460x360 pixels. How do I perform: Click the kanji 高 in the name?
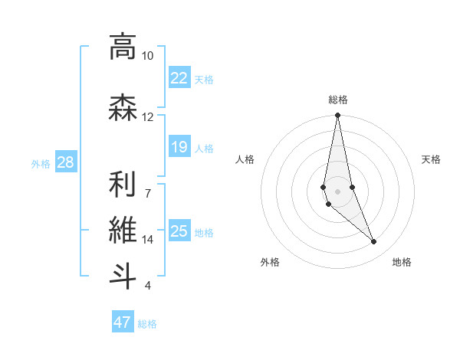point(122,47)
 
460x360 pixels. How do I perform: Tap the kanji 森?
point(122,108)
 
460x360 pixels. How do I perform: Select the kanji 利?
point(122,183)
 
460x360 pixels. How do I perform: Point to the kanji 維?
point(122,229)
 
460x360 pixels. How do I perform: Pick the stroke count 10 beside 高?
point(147,56)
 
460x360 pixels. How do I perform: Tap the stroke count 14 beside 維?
point(147,240)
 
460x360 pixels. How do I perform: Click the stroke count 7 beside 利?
point(147,192)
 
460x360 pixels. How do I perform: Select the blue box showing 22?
point(179,77)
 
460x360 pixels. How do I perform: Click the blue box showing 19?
point(179,147)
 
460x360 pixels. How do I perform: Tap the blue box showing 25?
point(179,231)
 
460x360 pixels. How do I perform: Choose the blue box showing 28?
point(65,162)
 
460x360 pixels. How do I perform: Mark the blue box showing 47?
point(123,322)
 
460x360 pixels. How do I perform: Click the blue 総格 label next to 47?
point(147,324)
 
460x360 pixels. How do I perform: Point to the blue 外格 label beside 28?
point(41,164)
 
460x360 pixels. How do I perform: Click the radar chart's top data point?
point(337,116)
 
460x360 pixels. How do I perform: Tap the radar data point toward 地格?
point(374,242)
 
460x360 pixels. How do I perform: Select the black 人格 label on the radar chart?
point(245,159)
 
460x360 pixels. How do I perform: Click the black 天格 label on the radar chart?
point(431,159)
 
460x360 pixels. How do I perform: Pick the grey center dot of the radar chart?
point(337,191)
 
